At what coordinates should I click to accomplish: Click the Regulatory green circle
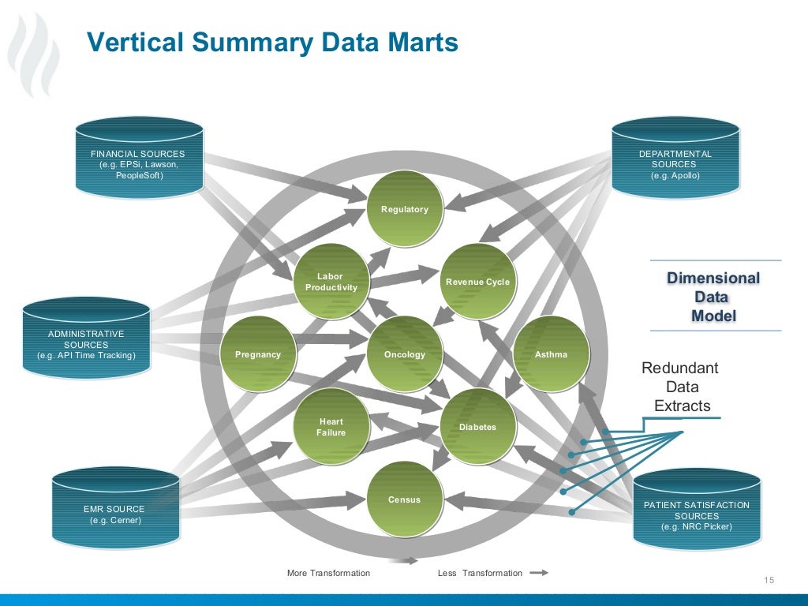405,209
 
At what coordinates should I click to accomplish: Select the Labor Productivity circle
331,282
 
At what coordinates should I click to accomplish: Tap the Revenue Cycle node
477,282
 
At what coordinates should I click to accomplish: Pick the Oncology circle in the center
405,354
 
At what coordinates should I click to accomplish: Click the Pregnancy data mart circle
258,354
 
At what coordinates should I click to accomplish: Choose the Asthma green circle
551,354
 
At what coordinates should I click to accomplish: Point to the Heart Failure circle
331,427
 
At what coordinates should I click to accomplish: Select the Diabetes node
477,427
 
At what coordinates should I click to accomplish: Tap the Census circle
405,499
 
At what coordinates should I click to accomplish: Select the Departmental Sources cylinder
675,159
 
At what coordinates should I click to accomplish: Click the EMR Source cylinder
115,509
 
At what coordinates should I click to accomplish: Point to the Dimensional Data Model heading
713,297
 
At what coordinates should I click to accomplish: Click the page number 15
769,582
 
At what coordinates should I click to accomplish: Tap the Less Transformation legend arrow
538,573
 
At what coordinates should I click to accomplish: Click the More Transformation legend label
328,573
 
